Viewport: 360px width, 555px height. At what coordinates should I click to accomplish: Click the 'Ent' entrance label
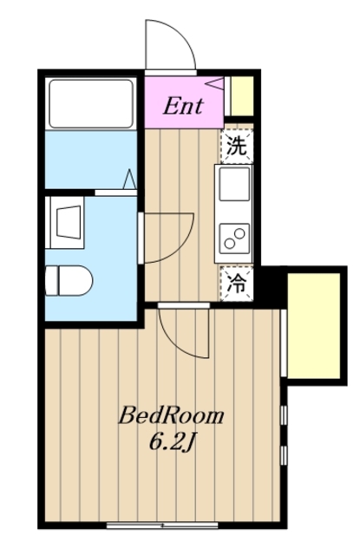pyautogui.click(x=184, y=107)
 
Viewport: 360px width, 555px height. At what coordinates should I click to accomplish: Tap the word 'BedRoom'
pyautogui.click(x=171, y=415)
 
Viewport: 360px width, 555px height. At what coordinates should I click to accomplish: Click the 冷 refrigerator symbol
pyautogui.click(x=236, y=282)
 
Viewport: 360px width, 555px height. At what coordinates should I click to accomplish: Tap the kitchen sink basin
pyautogui.click(x=235, y=185)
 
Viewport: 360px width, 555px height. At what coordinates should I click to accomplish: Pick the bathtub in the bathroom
pyautogui.click(x=90, y=102)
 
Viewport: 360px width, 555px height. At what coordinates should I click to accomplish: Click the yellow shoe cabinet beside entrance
pyautogui.click(x=240, y=96)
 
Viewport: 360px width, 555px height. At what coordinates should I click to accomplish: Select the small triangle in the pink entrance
pyautogui.click(x=216, y=84)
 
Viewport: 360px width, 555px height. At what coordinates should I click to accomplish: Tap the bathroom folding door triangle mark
pyautogui.click(x=128, y=180)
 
